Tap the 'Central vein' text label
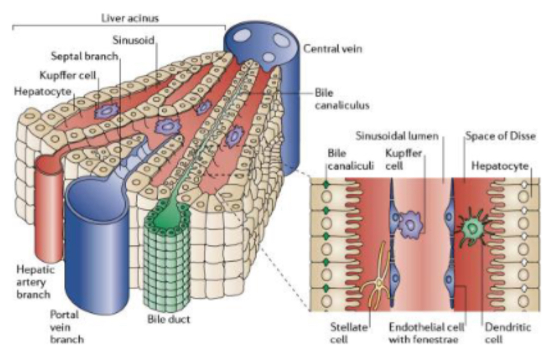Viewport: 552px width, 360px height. [x=333, y=49]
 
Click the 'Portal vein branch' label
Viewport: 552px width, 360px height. [x=68, y=327]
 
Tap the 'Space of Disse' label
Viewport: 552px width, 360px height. [x=499, y=135]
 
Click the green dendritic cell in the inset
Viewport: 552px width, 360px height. [x=471, y=228]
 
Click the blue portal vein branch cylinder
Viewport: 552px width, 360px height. [x=97, y=240]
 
